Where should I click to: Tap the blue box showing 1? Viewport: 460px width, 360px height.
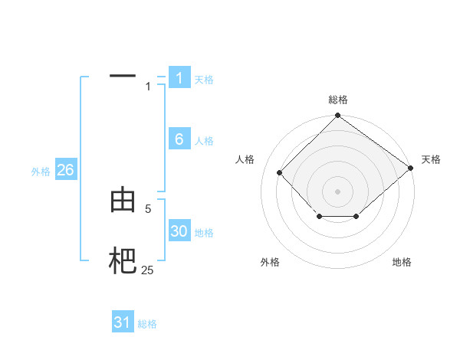point(179,78)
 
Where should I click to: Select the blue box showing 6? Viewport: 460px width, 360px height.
point(179,139)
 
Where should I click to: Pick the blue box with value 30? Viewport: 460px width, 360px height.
point(179,231)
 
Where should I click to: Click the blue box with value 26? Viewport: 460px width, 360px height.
point(66,170)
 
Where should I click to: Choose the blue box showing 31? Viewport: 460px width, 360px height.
point(123,322)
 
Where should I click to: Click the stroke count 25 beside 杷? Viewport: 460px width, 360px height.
point(147,270)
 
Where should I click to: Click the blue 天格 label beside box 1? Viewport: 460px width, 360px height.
point(204,80)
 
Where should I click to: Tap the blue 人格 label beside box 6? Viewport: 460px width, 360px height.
point(204,141)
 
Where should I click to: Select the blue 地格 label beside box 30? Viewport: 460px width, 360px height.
point(204,233)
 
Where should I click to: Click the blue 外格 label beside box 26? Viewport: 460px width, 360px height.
point(41,172)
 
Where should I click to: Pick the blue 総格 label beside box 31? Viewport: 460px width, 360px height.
point(147,324)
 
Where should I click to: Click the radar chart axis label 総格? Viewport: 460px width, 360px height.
point(338,100)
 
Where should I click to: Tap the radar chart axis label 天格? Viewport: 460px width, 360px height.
point(432,159)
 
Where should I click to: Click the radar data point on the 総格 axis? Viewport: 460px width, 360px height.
point(338,116)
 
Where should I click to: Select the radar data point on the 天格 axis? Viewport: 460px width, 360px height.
point(411,168)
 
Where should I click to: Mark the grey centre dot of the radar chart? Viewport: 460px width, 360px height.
point(338,191)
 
